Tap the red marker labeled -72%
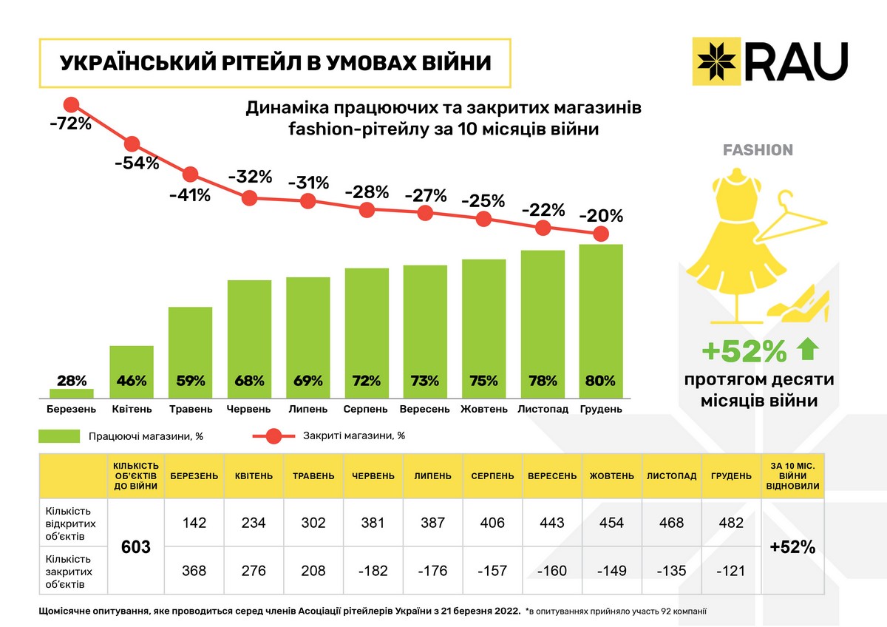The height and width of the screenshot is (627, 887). click(72, 105)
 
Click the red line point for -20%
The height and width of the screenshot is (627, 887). click(602, 234)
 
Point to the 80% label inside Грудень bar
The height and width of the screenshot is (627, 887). click(600, 382)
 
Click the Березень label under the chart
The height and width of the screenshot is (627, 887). click(71, 409)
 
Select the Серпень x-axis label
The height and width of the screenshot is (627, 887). click(366, 409)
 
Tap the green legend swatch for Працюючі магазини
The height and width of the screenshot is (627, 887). click(58, 436)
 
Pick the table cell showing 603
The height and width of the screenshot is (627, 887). click(136, 547)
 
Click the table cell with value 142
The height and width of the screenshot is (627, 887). click(195, 523)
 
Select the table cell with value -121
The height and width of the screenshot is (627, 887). click(730, 571)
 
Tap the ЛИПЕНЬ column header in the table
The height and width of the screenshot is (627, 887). click(432, 476)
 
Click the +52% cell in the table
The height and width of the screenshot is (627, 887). click(792, 547)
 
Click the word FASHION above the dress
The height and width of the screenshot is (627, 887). click(758, 150)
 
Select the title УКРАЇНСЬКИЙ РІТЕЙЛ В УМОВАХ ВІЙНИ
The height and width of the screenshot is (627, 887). click(274, 63)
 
